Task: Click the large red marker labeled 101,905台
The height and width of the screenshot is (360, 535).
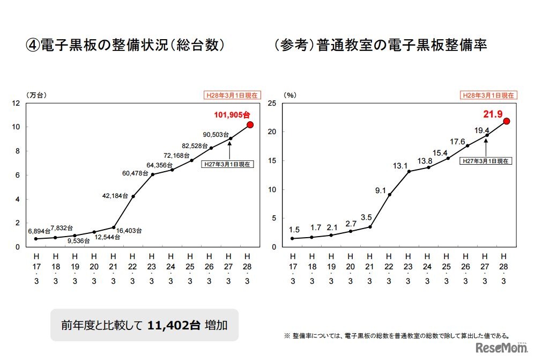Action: point(250,124)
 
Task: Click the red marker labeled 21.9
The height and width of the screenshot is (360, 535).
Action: point(506,121)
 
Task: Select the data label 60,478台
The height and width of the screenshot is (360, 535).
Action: point(136,173)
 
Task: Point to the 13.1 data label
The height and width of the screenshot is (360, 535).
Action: point(400,166)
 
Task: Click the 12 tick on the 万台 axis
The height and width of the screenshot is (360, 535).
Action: point(17,103)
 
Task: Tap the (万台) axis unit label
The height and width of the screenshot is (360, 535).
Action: point(37,95)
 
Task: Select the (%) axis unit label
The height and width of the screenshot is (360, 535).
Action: point(290,95)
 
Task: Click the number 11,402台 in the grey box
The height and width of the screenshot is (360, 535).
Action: point(174,325)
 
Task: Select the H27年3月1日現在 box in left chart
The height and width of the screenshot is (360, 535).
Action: point(227,164)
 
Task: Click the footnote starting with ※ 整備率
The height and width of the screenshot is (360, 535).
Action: point(396,336)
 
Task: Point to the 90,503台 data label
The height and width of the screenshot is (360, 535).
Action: point(216,135)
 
